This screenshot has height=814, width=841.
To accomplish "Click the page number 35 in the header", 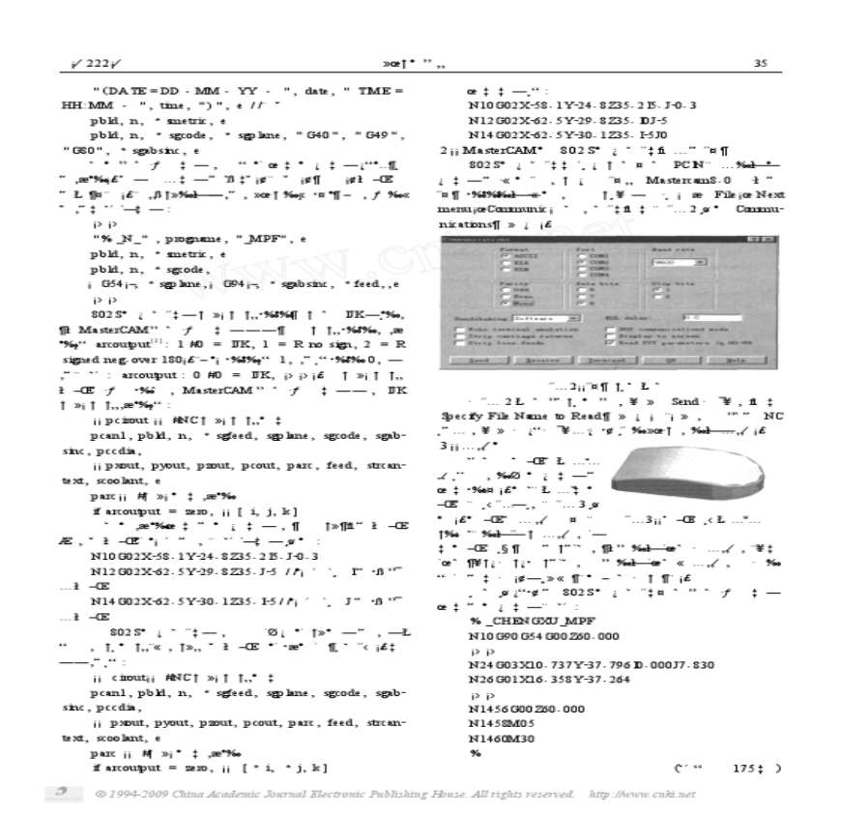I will (x=760, y=64).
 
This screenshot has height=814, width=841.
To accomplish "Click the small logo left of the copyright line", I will (x=65, y=793).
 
